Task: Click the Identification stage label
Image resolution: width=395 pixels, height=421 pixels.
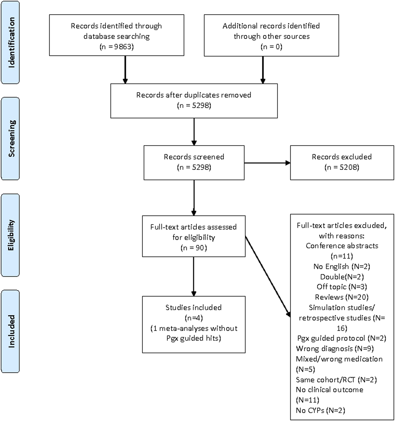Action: pos(11,43)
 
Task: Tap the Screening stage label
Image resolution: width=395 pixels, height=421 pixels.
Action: pos(11,138)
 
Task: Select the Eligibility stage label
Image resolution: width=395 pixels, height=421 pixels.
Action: pos(11,235)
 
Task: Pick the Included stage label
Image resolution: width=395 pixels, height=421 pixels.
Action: pos(11,331)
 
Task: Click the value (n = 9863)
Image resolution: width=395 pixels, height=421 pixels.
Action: pos(117,47)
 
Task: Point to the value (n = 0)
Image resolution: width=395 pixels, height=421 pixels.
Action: pos(271,47)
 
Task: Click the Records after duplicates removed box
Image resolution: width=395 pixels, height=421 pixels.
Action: pos(194,100)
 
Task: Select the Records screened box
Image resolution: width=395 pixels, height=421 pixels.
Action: pos(194,162)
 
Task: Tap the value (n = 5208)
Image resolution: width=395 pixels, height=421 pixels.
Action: pos(342,167)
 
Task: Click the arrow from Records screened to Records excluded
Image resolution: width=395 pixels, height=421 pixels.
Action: pos(267,163)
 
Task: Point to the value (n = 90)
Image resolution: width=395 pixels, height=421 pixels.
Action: pos(194,248)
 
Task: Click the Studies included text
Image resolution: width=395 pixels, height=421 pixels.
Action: pos(194,308)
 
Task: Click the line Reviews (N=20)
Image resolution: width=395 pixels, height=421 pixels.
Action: pos(342,297)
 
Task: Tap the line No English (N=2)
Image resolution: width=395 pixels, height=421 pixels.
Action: pos(342,266)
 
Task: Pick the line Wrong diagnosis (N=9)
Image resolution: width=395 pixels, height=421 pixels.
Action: pos(335,349)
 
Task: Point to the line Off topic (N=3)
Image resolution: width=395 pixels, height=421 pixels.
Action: pos(342,287)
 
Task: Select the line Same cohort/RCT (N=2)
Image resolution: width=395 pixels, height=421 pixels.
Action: pos(336,380)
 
